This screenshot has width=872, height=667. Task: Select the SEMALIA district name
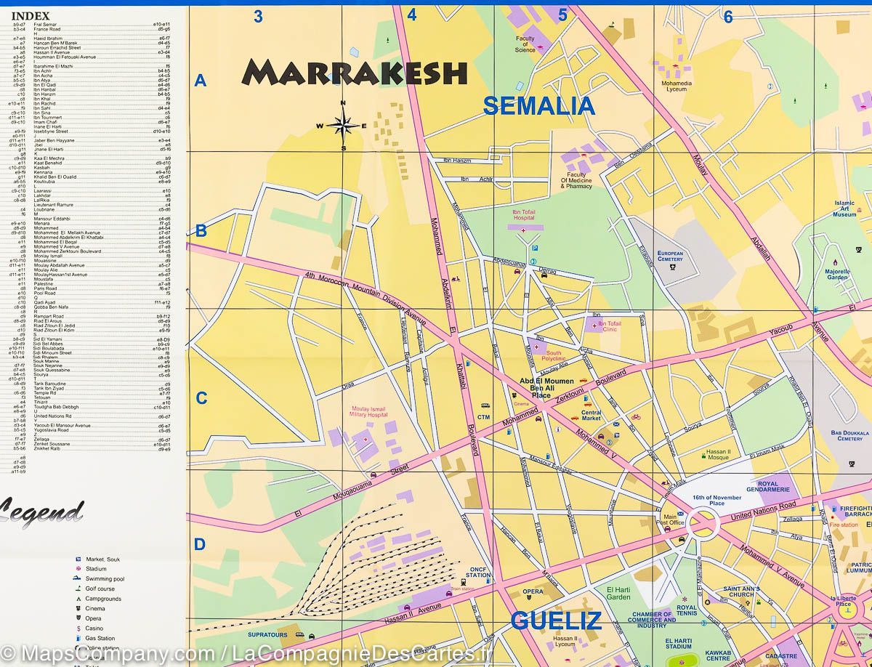pyautogui.click(x=538, y=106)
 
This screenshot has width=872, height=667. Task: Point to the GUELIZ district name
pyautogui.click(x=556, y=620)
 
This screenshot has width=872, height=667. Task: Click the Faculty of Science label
pyautogui.click(x=525, y=44)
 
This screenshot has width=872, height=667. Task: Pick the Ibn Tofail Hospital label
pyautogui.click(x=523, y=214)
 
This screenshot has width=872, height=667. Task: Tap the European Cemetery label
pyautogui.click(x=670, y=256)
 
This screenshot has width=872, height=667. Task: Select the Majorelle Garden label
pyautogui.click(x=837, y=274)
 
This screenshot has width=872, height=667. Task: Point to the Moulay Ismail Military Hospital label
pyautogui.click(x=369, y=412)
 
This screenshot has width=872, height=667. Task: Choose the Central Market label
pyautogui.click(x=591, y=415)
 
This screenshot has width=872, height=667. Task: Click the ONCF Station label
pyautogui.click(x=477, y=572)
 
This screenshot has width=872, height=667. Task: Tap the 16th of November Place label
pyautogui.click(x=708, y=500)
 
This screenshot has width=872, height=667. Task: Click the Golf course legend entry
pyautogui.click(x=100, y=589)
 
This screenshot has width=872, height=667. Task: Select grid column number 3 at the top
pyautogui.click(x=257, y=15)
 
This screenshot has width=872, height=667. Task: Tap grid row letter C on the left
pyautogui.click(x=201, y=398)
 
